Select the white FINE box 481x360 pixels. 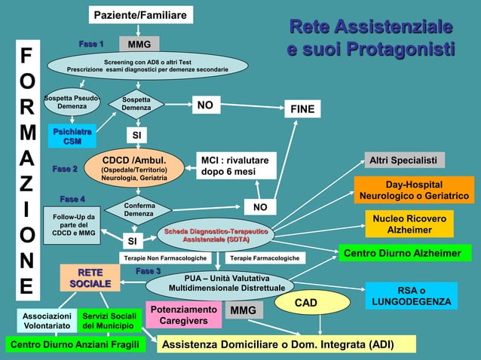click(x=302, y=109)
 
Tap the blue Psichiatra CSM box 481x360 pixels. click(x=72, y=136)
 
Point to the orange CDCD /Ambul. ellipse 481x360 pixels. click(x=133, y=169)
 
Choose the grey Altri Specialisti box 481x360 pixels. click(x=403, y=160)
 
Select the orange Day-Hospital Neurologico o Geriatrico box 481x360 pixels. click(x=414, y=190)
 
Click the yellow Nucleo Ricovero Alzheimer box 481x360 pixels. click(x=409, y=224)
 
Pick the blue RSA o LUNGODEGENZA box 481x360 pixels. click(x=412, y=296)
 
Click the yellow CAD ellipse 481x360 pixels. click(x=305, y=303)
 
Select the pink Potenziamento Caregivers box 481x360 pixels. click(x=183, y=316)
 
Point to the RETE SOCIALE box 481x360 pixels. click(x=90, y=277)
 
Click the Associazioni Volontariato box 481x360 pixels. click(x=47, y=321)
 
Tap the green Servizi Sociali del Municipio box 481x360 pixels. click(x=109, y=321)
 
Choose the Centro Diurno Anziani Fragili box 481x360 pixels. click(x=74, y=345)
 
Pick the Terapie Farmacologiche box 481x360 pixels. click(x=264, y=258)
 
